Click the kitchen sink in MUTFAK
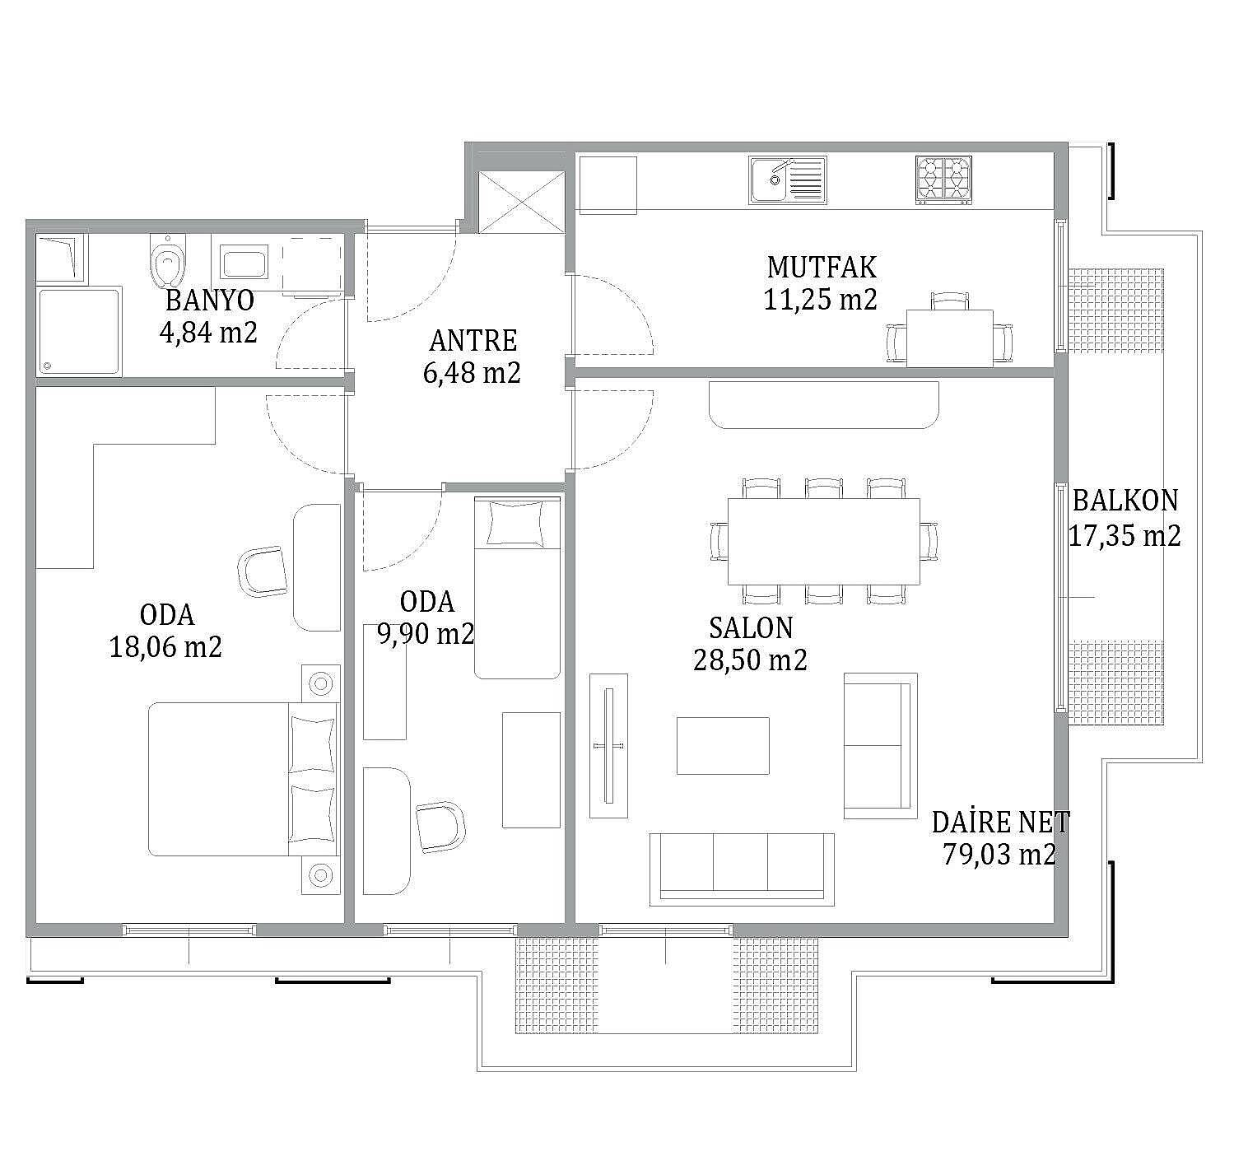tap(788, 180)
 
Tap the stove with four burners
tap(943, 179)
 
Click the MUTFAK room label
tap(822, 268)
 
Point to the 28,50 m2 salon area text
tap(750, 660)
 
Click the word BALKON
tap(1125, 501)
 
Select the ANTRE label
tap(473, 341)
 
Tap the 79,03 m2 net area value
tap(999, 854)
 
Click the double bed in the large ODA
tap(244, 779)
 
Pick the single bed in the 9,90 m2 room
tap(517, 588)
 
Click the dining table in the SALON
tap(823, 541)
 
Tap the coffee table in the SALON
tap(723, 745)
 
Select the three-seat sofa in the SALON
tap(742, 869)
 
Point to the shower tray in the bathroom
tap(78, 331)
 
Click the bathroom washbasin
tap(244, 264)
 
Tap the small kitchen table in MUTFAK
tap(950, 338)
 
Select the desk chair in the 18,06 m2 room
tap(263, 571)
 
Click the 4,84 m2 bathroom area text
tap(208, 332)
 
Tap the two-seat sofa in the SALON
tap(880, 746)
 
